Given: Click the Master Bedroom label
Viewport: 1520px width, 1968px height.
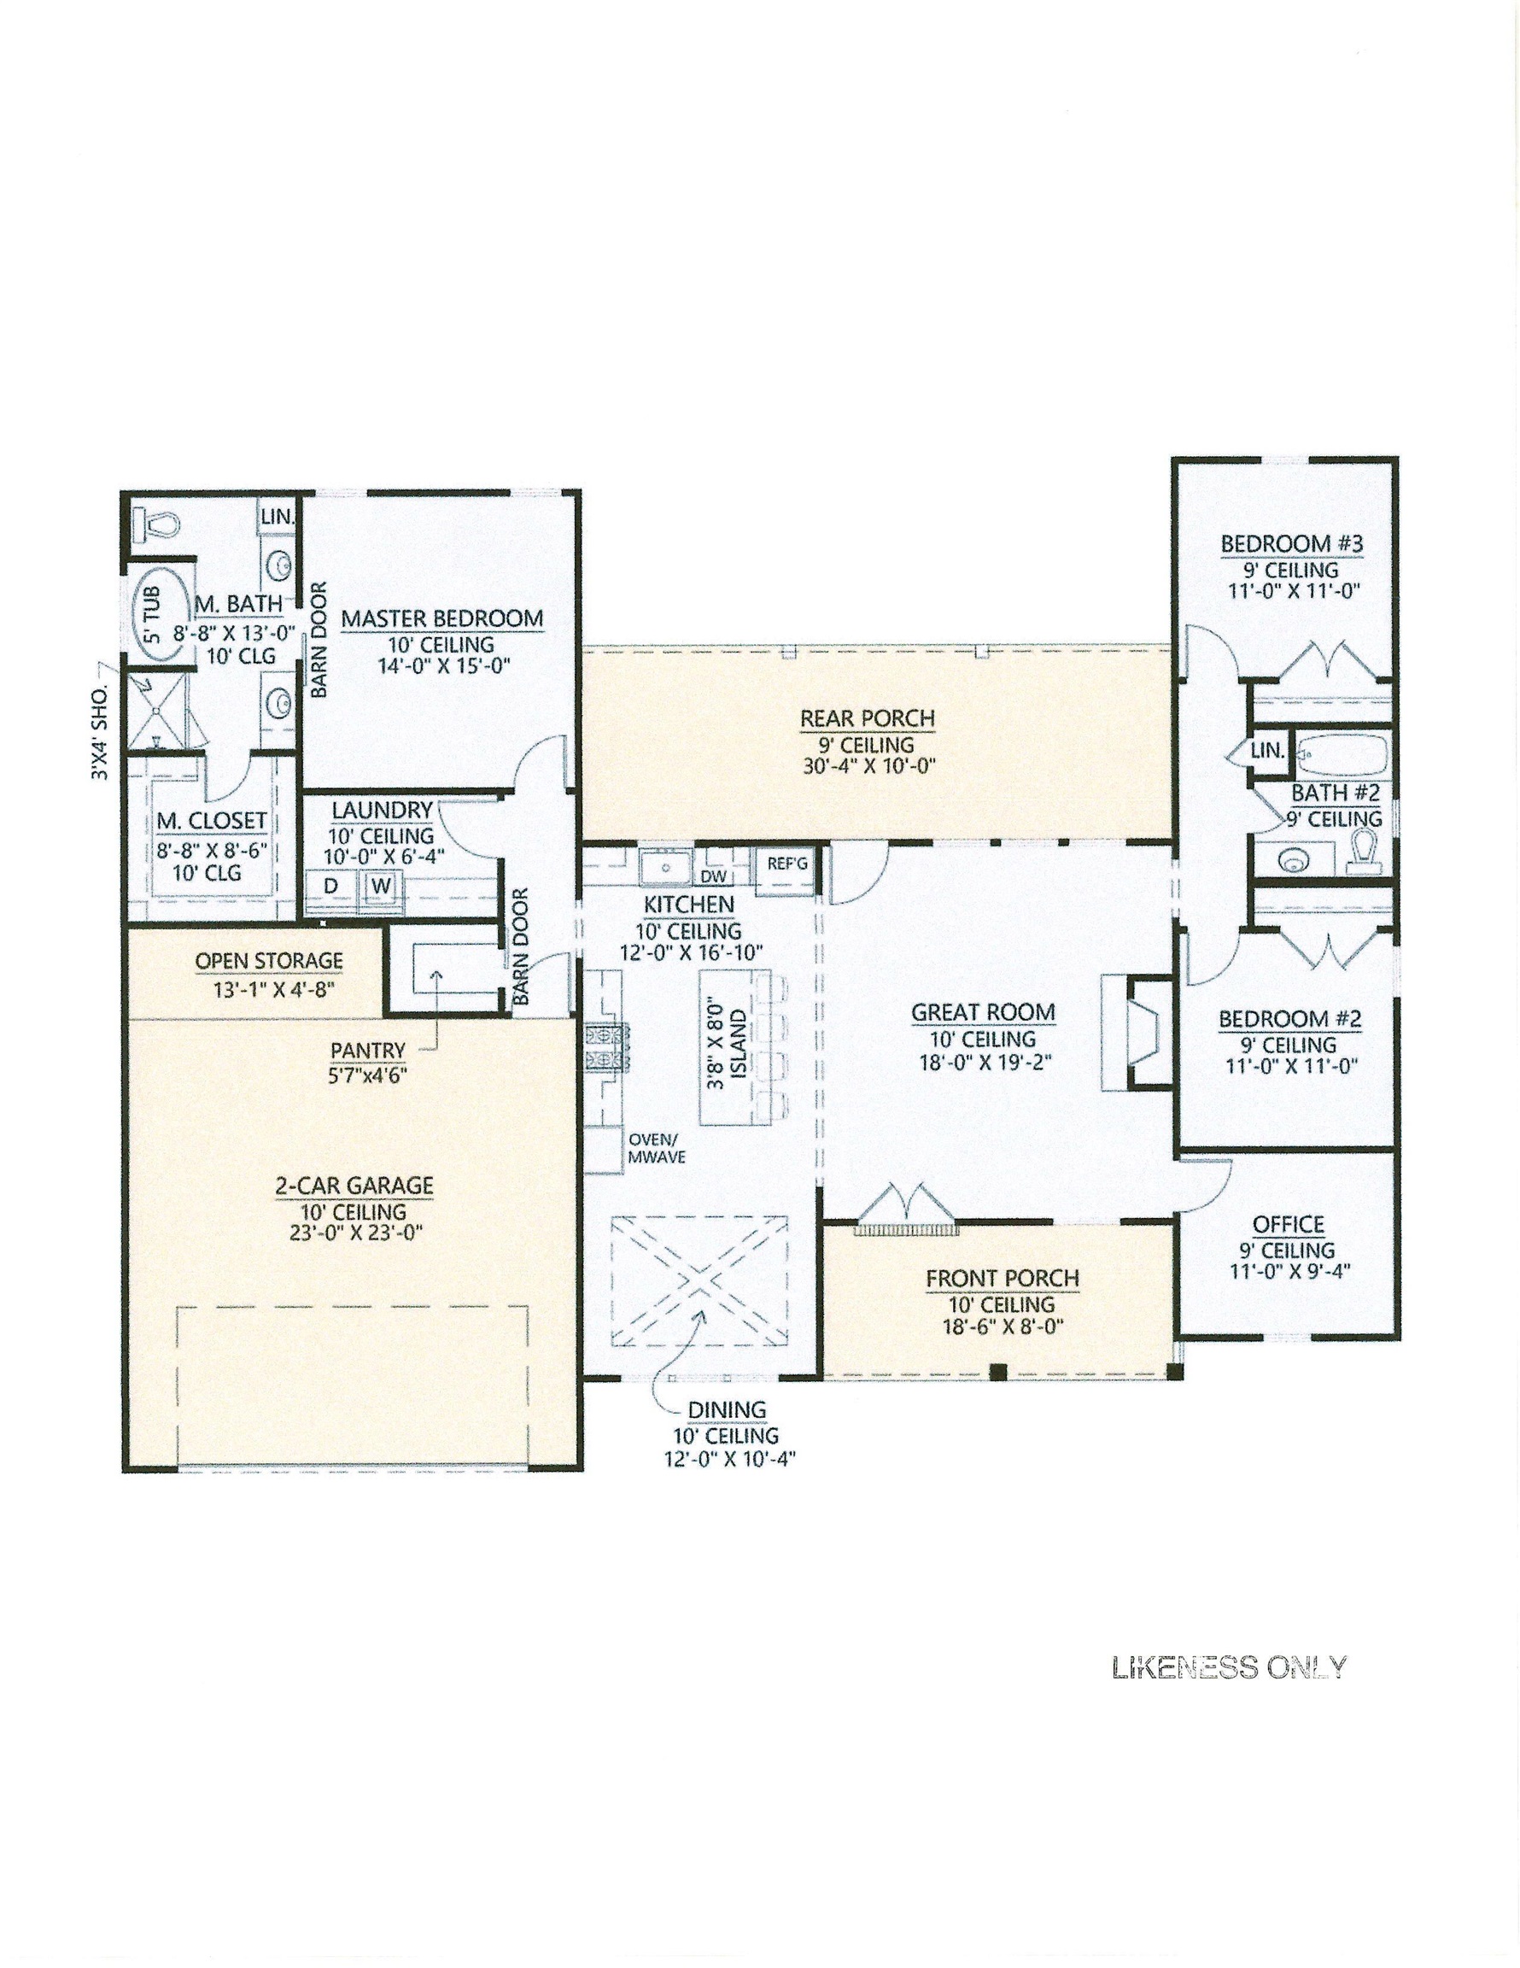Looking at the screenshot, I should (441, 618).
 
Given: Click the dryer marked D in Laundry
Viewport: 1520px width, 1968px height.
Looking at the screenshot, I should (330, 886).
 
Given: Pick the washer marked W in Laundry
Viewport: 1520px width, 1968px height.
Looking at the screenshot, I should (381, 886).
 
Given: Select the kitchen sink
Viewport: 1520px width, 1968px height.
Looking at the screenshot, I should (665, 867).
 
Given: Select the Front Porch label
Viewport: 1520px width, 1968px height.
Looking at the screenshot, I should (1002, 1278).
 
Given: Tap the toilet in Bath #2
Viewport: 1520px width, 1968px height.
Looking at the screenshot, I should (1364, 852).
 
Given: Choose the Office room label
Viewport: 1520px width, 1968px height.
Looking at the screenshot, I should (1288, 1225).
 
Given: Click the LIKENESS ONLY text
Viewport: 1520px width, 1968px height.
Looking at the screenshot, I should (1230, 1667).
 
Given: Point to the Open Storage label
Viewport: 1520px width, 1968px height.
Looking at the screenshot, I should (269, 961).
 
